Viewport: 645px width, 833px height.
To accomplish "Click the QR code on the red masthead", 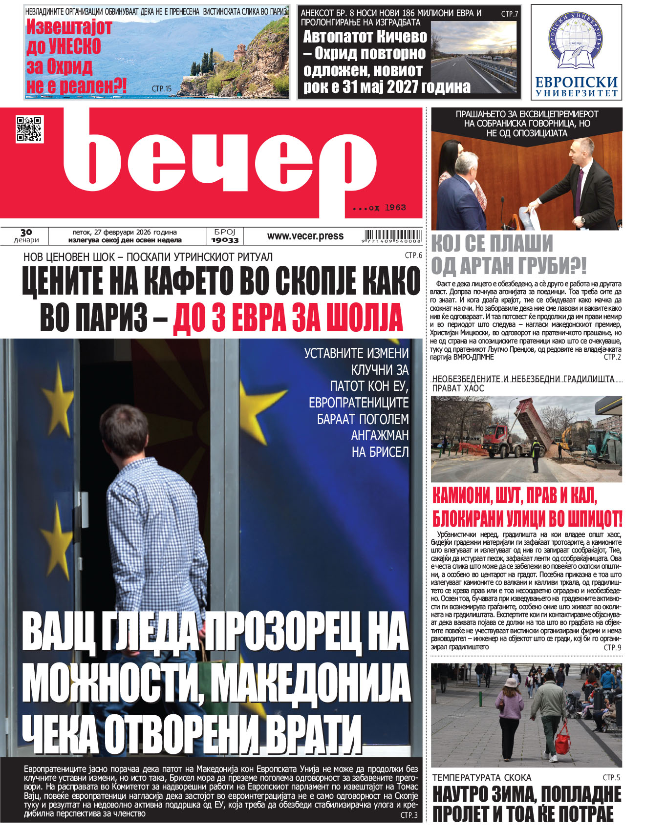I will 30,129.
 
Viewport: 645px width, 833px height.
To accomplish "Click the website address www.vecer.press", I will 305,236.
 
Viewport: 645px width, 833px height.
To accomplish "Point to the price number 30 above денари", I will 26,233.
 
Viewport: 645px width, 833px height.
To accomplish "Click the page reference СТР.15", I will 162,89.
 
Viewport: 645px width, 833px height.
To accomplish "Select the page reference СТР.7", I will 509,14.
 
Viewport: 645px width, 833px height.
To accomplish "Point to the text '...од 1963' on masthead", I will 380,208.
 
